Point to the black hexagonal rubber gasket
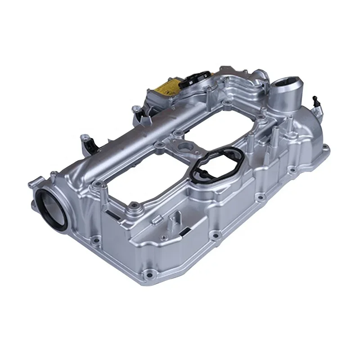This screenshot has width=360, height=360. [x=214, y=167]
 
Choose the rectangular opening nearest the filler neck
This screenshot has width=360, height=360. [x=225, y=126]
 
